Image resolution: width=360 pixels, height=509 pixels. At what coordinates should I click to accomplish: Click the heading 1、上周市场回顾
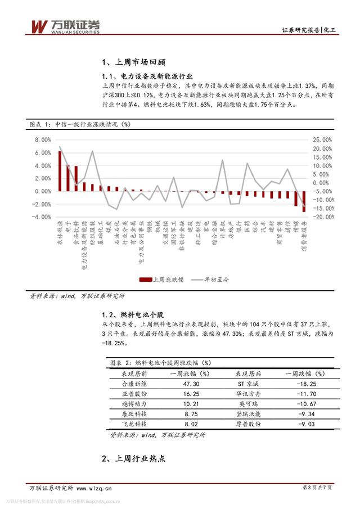tap(133, 63)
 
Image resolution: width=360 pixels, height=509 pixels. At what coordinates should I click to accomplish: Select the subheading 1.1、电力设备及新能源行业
tap(147, 76)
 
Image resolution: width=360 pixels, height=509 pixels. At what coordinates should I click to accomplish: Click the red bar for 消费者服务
tap(304, 201)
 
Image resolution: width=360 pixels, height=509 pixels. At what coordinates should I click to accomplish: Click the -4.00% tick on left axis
tap(42, 217)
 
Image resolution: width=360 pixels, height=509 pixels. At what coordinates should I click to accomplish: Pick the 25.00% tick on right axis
tap(322, 139)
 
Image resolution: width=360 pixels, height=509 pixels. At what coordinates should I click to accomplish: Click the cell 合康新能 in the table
tap(134, 384)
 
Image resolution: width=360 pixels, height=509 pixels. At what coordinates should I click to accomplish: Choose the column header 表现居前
tap(134, 373)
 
